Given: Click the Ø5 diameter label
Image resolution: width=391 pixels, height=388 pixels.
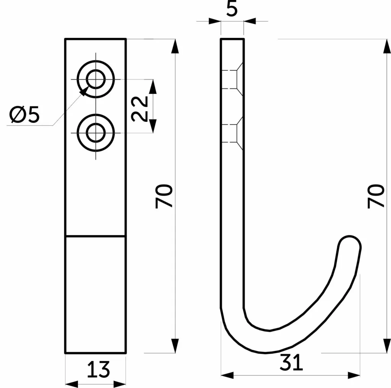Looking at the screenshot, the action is tap(24, 115).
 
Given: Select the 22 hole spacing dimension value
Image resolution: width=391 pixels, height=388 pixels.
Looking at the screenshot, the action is tap(140, 109).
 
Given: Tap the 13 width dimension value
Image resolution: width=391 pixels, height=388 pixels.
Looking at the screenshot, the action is tap(99, 369).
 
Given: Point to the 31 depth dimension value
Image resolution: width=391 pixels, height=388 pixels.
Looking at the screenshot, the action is tap(291, 362).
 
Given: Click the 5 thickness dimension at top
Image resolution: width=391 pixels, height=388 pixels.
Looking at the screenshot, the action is tap(232, 9).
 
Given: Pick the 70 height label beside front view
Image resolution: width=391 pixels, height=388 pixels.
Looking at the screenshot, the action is tap(164, 196).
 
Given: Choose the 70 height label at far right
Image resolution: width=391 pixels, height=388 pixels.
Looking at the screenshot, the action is tap(376, 196).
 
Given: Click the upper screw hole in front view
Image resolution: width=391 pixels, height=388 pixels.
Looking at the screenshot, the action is tap(96, 79).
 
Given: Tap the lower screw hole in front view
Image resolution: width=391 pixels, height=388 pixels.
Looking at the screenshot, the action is tap(96, 133).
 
